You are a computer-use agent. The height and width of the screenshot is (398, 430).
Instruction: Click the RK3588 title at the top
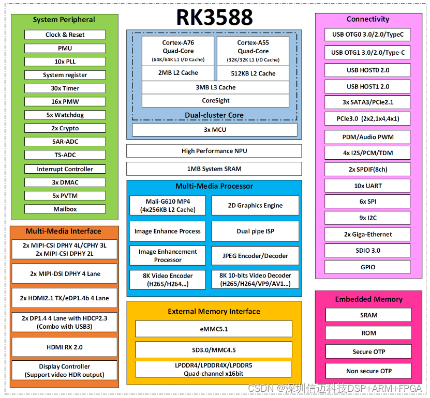point(214,17)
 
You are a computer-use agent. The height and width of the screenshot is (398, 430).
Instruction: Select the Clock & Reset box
point(65,35)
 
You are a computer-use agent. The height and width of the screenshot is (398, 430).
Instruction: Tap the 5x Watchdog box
point(65,115)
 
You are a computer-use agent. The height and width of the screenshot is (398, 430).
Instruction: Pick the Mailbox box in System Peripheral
point(65,209)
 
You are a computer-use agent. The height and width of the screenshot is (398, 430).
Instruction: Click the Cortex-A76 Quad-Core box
point(177,51)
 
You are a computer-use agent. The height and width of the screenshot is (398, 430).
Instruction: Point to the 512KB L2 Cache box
point(253,73)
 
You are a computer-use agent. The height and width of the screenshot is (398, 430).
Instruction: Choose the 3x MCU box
point(215,129)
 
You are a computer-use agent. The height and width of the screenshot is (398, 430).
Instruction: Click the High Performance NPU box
point(214,151)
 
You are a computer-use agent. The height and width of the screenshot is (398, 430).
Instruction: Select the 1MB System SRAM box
point(214,169)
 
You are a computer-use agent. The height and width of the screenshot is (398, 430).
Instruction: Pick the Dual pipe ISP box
point(255,231)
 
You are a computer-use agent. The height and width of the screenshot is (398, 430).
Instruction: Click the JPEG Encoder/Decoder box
point(255,256)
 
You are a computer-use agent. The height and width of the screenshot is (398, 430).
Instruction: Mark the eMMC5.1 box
point(214,329)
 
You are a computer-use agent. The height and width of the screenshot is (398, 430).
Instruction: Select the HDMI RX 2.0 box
point(64,347)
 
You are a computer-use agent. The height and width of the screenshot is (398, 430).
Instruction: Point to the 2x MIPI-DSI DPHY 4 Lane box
point(65,273)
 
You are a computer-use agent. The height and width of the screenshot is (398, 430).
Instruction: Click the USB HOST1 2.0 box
point(368,86)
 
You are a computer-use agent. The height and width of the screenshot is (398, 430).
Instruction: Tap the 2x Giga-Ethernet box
point(368,234)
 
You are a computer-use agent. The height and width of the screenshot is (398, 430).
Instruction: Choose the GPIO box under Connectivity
point(368,267)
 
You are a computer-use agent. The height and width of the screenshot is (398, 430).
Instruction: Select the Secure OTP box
point(368,351)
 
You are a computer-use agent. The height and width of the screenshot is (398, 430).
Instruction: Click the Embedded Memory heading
point(368,299)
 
